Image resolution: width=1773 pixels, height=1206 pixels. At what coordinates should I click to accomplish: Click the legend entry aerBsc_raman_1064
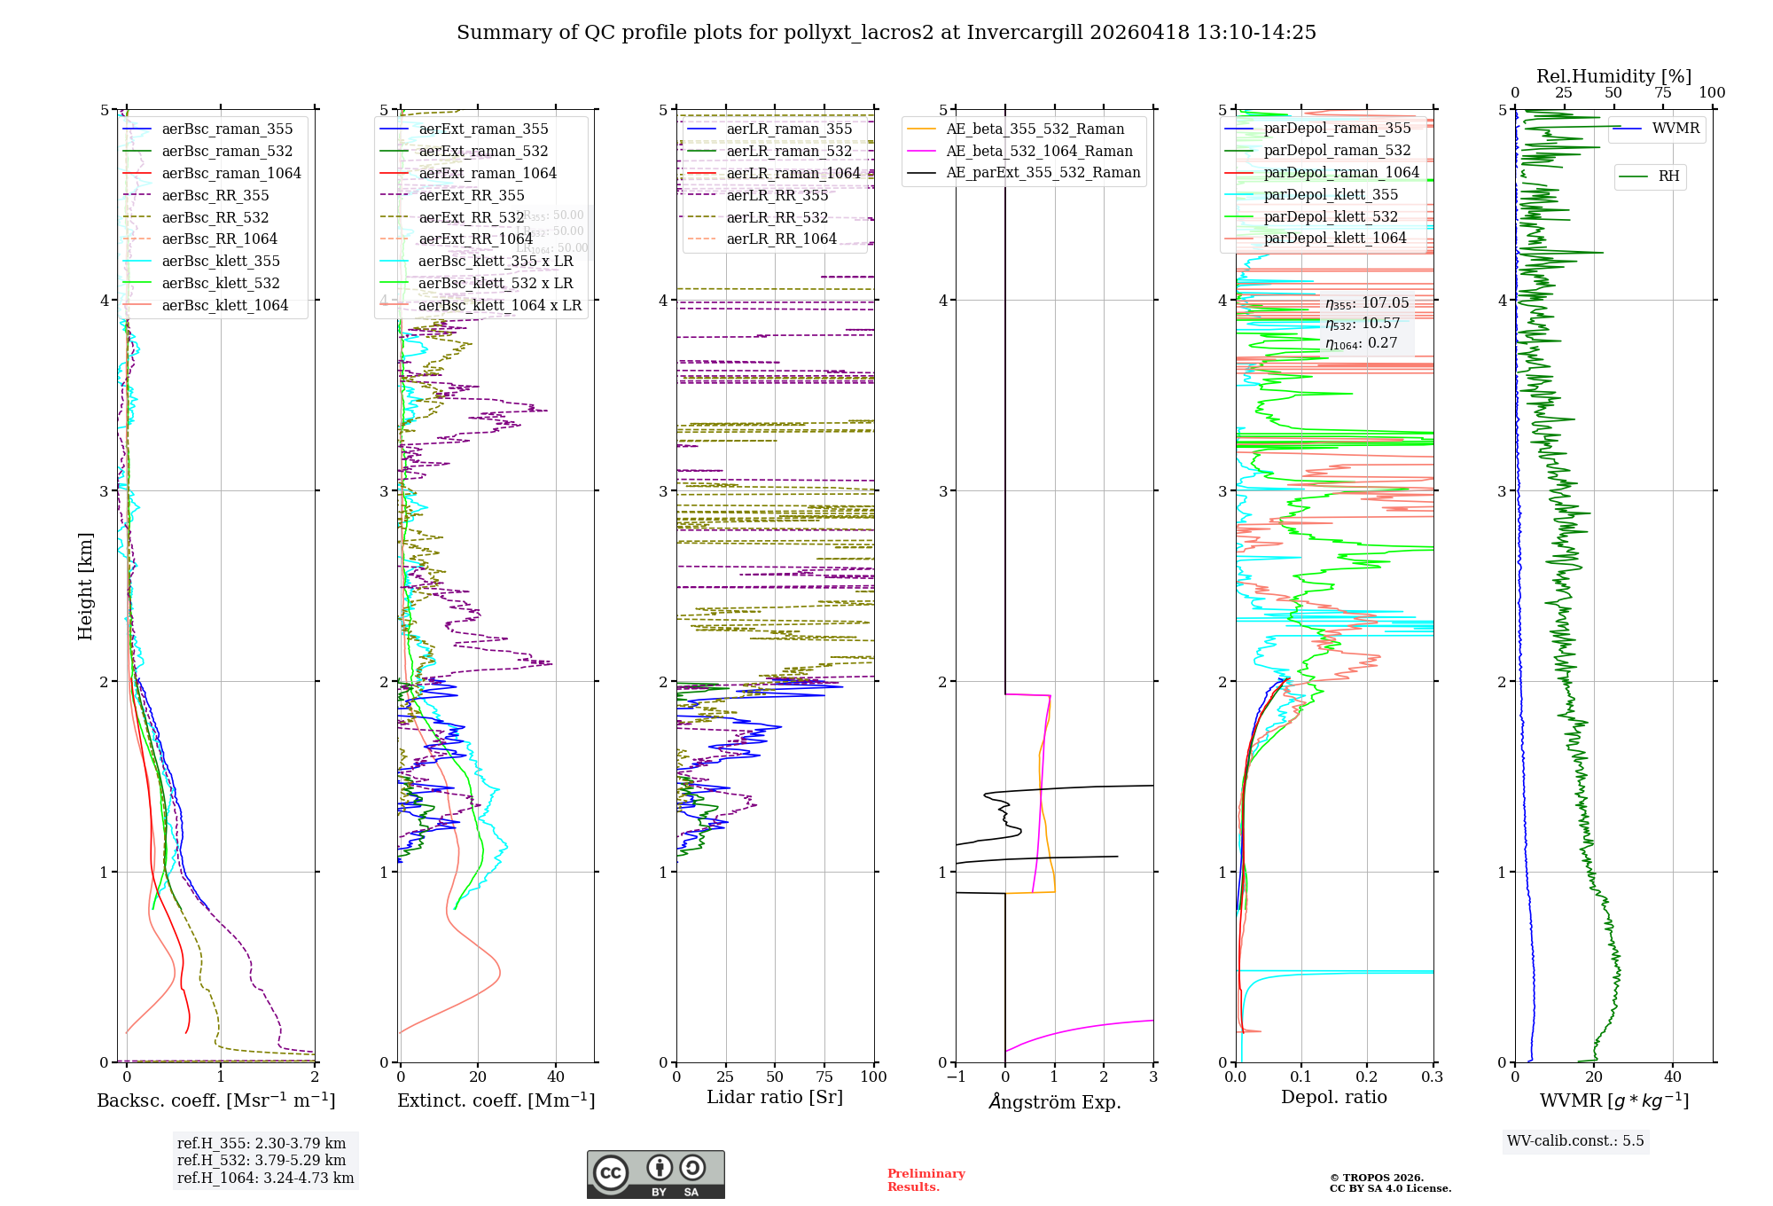[x=231, y=174]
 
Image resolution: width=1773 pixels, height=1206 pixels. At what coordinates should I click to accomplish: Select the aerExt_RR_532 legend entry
[x=471, y=217]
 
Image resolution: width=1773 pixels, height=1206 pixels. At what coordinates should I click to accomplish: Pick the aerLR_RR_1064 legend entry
[x=781, y=239]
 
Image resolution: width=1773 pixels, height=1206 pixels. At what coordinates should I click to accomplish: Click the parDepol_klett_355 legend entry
[x=1331, y=195]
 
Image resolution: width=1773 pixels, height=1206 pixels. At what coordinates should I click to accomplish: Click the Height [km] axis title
[x=85, y=586]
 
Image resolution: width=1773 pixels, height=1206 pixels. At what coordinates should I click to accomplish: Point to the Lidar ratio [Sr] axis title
[x=774, y=1098]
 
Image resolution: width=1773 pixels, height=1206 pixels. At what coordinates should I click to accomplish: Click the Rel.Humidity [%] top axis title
[x=1613, y=76]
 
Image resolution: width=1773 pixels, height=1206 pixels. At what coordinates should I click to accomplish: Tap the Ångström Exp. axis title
[x=1054, y=1102]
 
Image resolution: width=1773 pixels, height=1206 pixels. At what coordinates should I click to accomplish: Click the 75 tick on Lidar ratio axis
[x=824, y=1077]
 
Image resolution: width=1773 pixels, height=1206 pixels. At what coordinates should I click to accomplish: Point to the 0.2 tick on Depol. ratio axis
[x=1367, y=1077]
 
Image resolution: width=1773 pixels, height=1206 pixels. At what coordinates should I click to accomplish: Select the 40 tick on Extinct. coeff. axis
[x=556, y=1077]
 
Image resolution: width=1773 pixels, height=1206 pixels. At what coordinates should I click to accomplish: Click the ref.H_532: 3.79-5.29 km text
[x=262, y=1160]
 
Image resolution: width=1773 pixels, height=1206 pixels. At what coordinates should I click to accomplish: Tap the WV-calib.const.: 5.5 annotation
[x=1575, y=1141]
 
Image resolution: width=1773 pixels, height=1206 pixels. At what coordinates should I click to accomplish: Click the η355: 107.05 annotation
[x=1366, y=303]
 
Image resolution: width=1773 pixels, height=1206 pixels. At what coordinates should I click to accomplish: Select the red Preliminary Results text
[x=926, y=1180]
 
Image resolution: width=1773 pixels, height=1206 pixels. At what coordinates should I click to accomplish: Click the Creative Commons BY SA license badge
[x=655, y=1174]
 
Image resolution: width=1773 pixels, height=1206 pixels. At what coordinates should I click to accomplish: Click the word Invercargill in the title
[x=1025, y=33]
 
